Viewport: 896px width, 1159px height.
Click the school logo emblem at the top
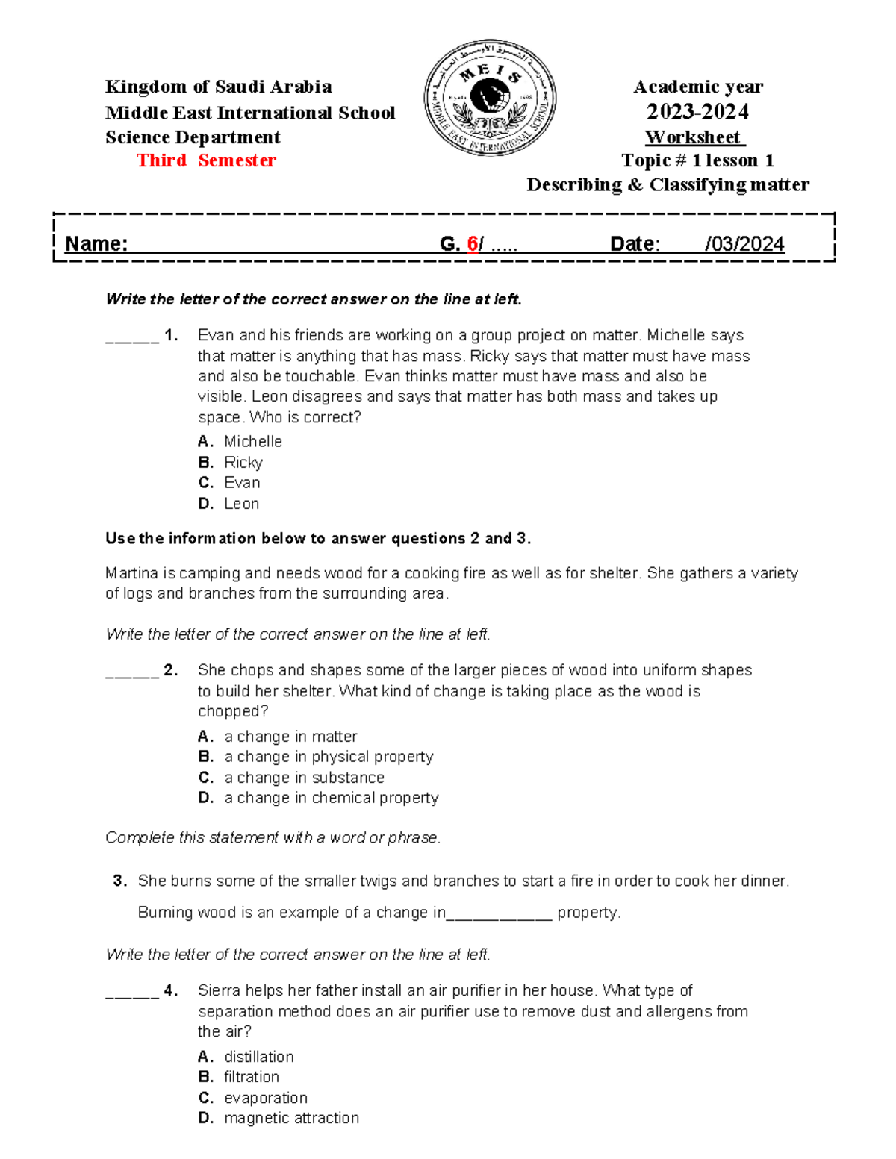[490, 98]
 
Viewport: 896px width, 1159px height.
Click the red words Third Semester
[206, 160]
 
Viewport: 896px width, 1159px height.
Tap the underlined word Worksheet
[694, 137]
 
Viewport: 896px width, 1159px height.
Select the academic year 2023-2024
[697, 112]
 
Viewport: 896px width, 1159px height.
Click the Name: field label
[96, 244]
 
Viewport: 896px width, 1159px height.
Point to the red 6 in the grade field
[472, 244]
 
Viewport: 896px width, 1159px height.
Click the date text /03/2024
[744, 244]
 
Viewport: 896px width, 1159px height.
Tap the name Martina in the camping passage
[131, 573]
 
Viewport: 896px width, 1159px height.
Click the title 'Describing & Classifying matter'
[668, 185]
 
